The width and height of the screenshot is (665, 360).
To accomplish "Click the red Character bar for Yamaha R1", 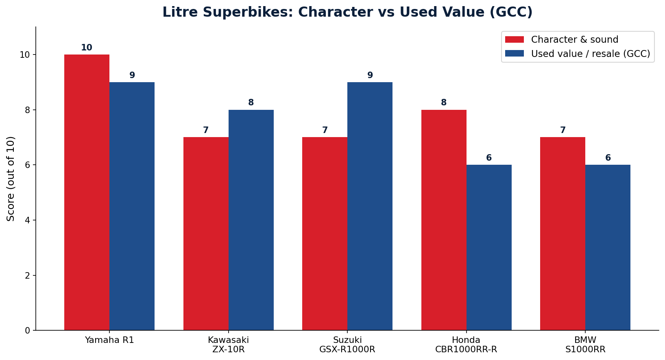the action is click(x=87, y=192).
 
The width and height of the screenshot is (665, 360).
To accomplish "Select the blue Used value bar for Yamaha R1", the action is click(x=132, y=206).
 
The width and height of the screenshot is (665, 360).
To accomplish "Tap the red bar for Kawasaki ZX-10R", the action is click(x=206, y=233).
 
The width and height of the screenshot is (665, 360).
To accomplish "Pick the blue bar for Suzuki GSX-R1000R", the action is click(x=370, y=206).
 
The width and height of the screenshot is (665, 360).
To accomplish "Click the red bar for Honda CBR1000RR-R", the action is click(x=444, y=220).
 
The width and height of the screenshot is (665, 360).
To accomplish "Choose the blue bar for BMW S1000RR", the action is click(x=608, y=247).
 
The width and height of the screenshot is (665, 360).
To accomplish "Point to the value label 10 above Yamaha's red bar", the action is click(x=87, y=48).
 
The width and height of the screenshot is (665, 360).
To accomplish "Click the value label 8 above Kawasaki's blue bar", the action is click(x=251, y=103).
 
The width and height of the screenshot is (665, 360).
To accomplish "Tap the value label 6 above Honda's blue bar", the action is click(x=489, y=158).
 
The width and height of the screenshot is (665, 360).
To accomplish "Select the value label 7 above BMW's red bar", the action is click(x=563, y=130).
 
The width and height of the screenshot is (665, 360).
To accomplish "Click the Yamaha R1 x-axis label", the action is click(x=109, y=340).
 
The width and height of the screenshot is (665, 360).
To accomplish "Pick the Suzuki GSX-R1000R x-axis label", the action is click(x=347, y=345).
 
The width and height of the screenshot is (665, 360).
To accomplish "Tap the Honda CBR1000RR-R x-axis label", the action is click(x=466, y=345).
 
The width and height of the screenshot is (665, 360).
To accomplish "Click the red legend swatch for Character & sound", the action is click(x=515, y=39).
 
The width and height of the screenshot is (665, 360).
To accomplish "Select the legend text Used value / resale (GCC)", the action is click(x=591, y=54).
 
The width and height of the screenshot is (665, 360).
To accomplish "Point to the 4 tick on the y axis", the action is click(x=34, y=220).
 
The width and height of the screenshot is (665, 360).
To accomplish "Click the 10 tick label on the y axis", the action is click(x=25, y=55).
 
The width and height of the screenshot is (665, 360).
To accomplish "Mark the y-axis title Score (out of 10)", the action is click(x=11, y=179).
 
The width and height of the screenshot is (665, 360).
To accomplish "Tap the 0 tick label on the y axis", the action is click(x=28, y=330).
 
